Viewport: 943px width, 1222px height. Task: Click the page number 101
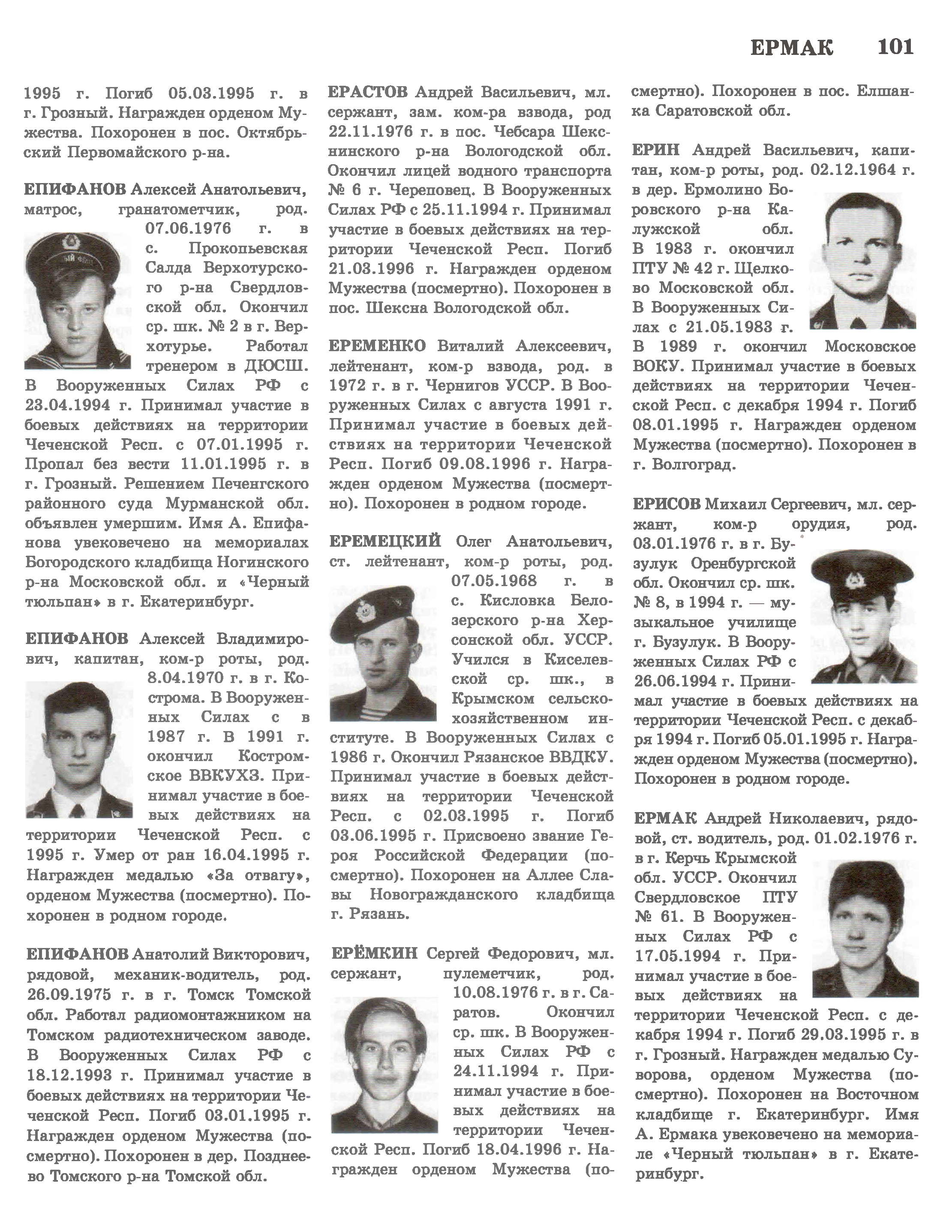coord(895,47)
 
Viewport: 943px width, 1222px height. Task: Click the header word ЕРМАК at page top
coord(791,48)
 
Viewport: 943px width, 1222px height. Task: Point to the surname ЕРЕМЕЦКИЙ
coord(385,542)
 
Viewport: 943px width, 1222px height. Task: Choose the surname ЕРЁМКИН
coord(374,953)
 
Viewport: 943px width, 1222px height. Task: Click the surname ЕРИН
coord(656,150)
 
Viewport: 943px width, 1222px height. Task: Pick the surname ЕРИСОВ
coord(666,504)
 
